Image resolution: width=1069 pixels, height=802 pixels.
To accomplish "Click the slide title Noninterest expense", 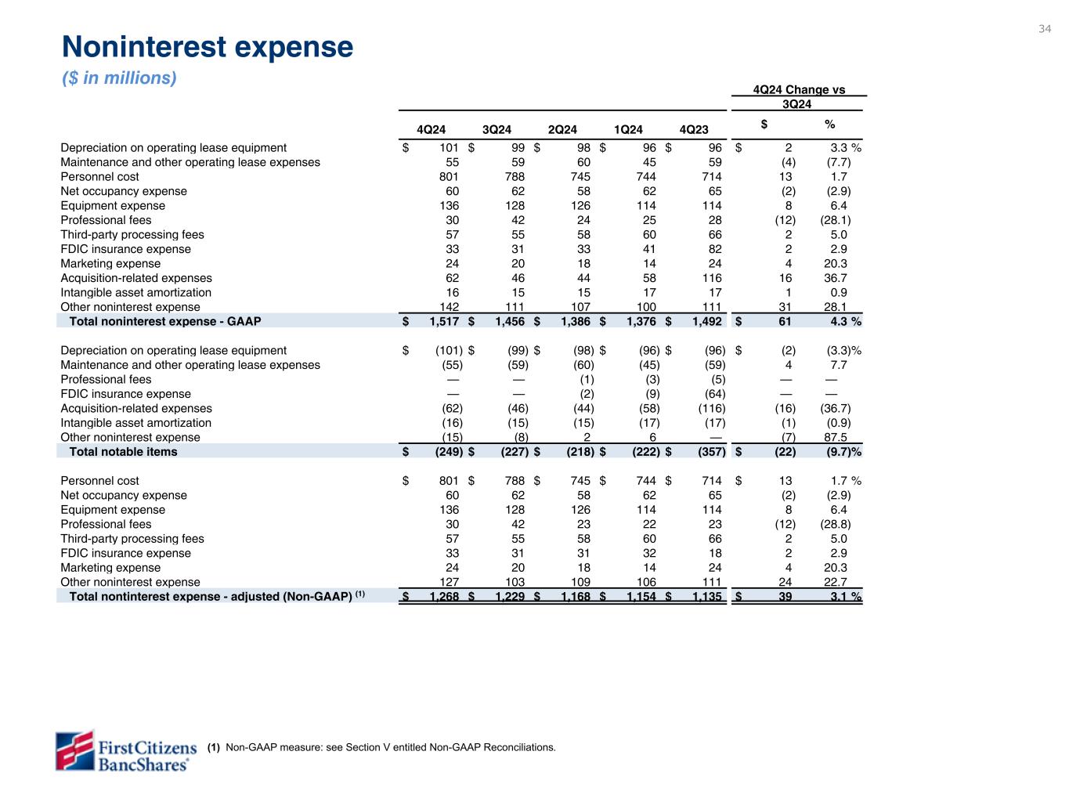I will (208, 48).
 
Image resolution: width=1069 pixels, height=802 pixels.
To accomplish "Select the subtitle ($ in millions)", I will (120, 78).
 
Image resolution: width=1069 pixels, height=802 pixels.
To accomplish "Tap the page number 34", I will (1045, 29).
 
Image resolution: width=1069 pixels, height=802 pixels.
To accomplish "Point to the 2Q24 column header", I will (562, 129).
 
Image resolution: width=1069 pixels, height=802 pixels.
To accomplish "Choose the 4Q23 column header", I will (694, 129).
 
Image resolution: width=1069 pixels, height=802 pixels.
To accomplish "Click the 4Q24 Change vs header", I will (799, 90).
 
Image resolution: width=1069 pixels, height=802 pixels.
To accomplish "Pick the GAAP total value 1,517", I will (443, 321).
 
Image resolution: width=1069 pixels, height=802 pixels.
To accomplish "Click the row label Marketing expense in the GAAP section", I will (110, 264).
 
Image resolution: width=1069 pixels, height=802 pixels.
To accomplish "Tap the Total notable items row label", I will (123, 452).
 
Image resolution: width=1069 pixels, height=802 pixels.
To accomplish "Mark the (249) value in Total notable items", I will (449, 452).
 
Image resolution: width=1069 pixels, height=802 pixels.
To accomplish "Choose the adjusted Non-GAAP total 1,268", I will (443, 597).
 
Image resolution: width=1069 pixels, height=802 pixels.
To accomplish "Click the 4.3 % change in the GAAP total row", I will (843, 321).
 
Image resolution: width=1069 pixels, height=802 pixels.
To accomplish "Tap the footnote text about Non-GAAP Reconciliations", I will (390, 747).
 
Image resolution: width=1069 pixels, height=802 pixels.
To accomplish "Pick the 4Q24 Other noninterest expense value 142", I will (449, 307).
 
